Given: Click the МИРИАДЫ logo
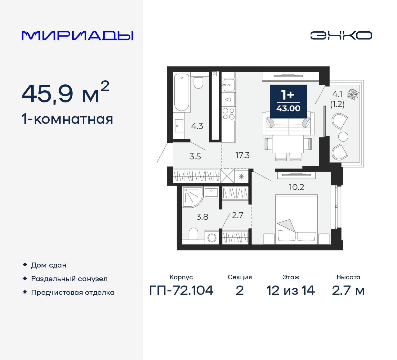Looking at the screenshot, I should [77, 36].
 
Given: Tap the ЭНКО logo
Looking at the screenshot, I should [341, 35].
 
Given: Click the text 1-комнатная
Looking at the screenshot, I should [67, 119].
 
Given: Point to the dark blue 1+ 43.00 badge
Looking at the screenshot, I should [288, 101].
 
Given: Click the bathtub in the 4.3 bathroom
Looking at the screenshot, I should [181, 92].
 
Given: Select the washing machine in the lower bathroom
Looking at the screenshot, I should [212, 238].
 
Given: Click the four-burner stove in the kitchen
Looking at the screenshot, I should [229, 114].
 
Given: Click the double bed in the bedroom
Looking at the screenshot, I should [297, 218].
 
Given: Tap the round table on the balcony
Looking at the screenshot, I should [343, 137].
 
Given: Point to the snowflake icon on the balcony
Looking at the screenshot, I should [353, 94].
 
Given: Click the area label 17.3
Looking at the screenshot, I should [242, 155].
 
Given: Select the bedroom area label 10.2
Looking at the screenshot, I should [296, 187].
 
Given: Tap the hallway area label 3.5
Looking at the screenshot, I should [195, 156].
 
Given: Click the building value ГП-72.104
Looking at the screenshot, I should [181, 290].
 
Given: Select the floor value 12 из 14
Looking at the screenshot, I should [291, 290].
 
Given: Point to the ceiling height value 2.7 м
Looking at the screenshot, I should [348, 290].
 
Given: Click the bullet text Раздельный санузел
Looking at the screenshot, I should [69, 279].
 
